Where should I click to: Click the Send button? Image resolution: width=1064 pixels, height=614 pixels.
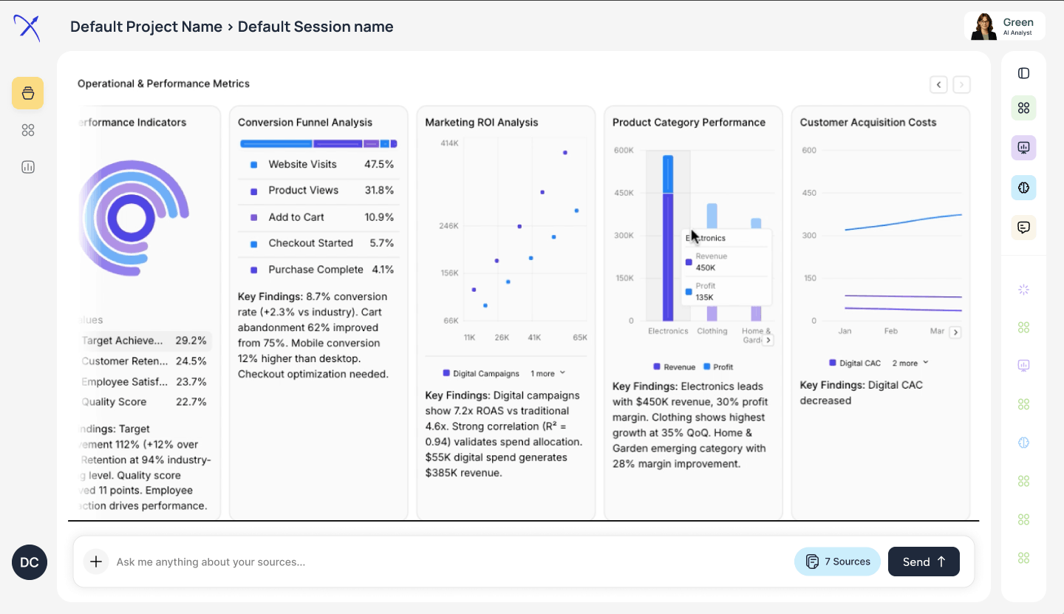(923, 562)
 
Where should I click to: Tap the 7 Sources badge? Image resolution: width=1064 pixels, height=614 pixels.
(837, 562)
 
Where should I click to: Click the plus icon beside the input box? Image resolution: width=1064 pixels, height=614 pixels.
(96, 562)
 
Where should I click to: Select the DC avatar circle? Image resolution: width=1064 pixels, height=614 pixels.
(30, 562)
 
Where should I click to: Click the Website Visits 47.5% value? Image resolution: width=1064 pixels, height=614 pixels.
(379, 164)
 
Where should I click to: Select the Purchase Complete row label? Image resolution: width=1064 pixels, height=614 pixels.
(316, 270)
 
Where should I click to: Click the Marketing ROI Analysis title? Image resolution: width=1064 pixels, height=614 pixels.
(482, 123)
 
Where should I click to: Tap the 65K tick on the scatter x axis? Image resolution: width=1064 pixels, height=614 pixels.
(580, 338)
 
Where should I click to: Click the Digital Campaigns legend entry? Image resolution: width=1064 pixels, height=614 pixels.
(485, 374)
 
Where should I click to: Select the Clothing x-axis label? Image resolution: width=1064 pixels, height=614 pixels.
(712, 331)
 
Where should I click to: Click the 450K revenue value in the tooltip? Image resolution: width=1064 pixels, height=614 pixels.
(705, 268)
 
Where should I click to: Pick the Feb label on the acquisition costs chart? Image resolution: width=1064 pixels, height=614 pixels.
(891, 331)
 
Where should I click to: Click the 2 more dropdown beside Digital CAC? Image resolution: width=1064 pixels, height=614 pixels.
(910, 364)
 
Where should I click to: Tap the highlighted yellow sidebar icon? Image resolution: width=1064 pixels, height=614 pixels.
(28, 93)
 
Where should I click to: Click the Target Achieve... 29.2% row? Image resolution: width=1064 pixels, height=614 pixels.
(143, 341)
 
